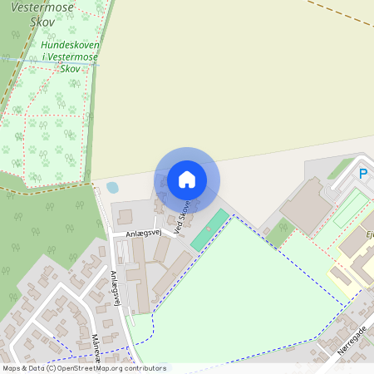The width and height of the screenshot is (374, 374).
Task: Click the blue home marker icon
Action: [187, 179]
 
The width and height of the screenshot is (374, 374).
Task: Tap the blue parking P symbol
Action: [362, 174]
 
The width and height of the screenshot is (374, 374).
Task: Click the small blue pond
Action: [112, 188]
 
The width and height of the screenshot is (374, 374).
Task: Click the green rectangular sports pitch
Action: [209, 229]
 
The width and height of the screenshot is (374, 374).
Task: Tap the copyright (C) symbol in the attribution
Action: [51, 368]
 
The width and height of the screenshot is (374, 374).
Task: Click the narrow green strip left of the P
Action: [340, 170]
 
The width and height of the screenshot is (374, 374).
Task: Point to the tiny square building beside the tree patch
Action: [265, 228]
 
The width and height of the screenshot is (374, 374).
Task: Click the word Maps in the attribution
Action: [12, 368]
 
